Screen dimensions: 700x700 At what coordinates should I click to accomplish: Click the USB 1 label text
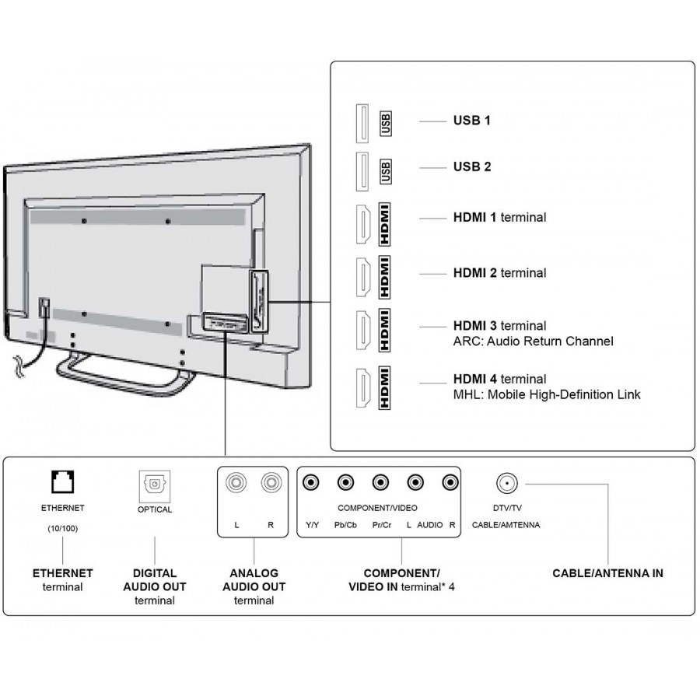[471, 121]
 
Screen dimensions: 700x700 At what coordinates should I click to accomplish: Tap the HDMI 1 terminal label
[499, 218]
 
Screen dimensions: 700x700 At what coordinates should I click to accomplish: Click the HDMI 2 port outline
[362, 274]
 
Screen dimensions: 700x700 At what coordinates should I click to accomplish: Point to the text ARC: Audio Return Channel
[533, 341]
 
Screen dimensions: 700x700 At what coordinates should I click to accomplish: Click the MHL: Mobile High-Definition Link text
[547, 395]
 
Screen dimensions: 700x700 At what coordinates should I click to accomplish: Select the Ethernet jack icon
[63, 483]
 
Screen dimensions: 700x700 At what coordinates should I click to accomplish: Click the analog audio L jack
[236, 483]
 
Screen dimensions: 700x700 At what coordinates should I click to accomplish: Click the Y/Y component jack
[311, 483]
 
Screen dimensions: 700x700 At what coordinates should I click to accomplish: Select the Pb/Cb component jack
[345, 483]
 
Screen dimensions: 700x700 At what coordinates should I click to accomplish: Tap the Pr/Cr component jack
[380, 483]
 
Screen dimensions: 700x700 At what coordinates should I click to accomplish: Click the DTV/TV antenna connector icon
[506, 483]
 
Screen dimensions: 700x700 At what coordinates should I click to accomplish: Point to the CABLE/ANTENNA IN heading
[607, 573]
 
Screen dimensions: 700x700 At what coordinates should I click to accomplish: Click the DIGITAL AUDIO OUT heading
[154, 579]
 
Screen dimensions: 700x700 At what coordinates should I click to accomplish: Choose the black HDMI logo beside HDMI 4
[385, 387]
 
